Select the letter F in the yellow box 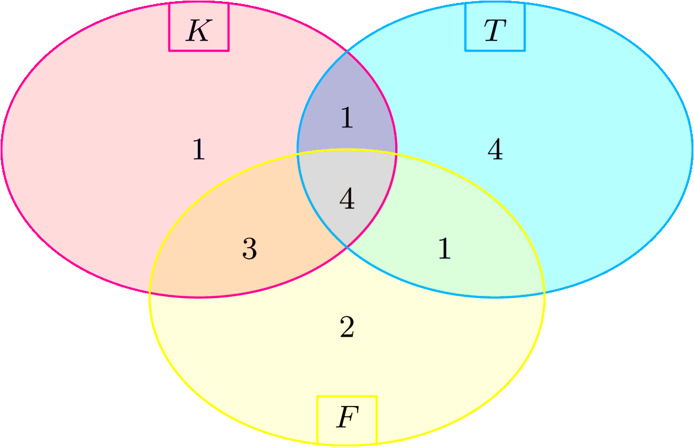346,418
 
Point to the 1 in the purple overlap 347,119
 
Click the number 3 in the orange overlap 249,250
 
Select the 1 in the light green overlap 444,250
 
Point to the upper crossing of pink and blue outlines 347,52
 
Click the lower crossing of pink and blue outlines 347,248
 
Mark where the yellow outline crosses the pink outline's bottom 150,291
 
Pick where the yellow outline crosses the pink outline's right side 396,154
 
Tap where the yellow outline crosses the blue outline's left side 298,154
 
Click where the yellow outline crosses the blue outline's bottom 544,291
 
